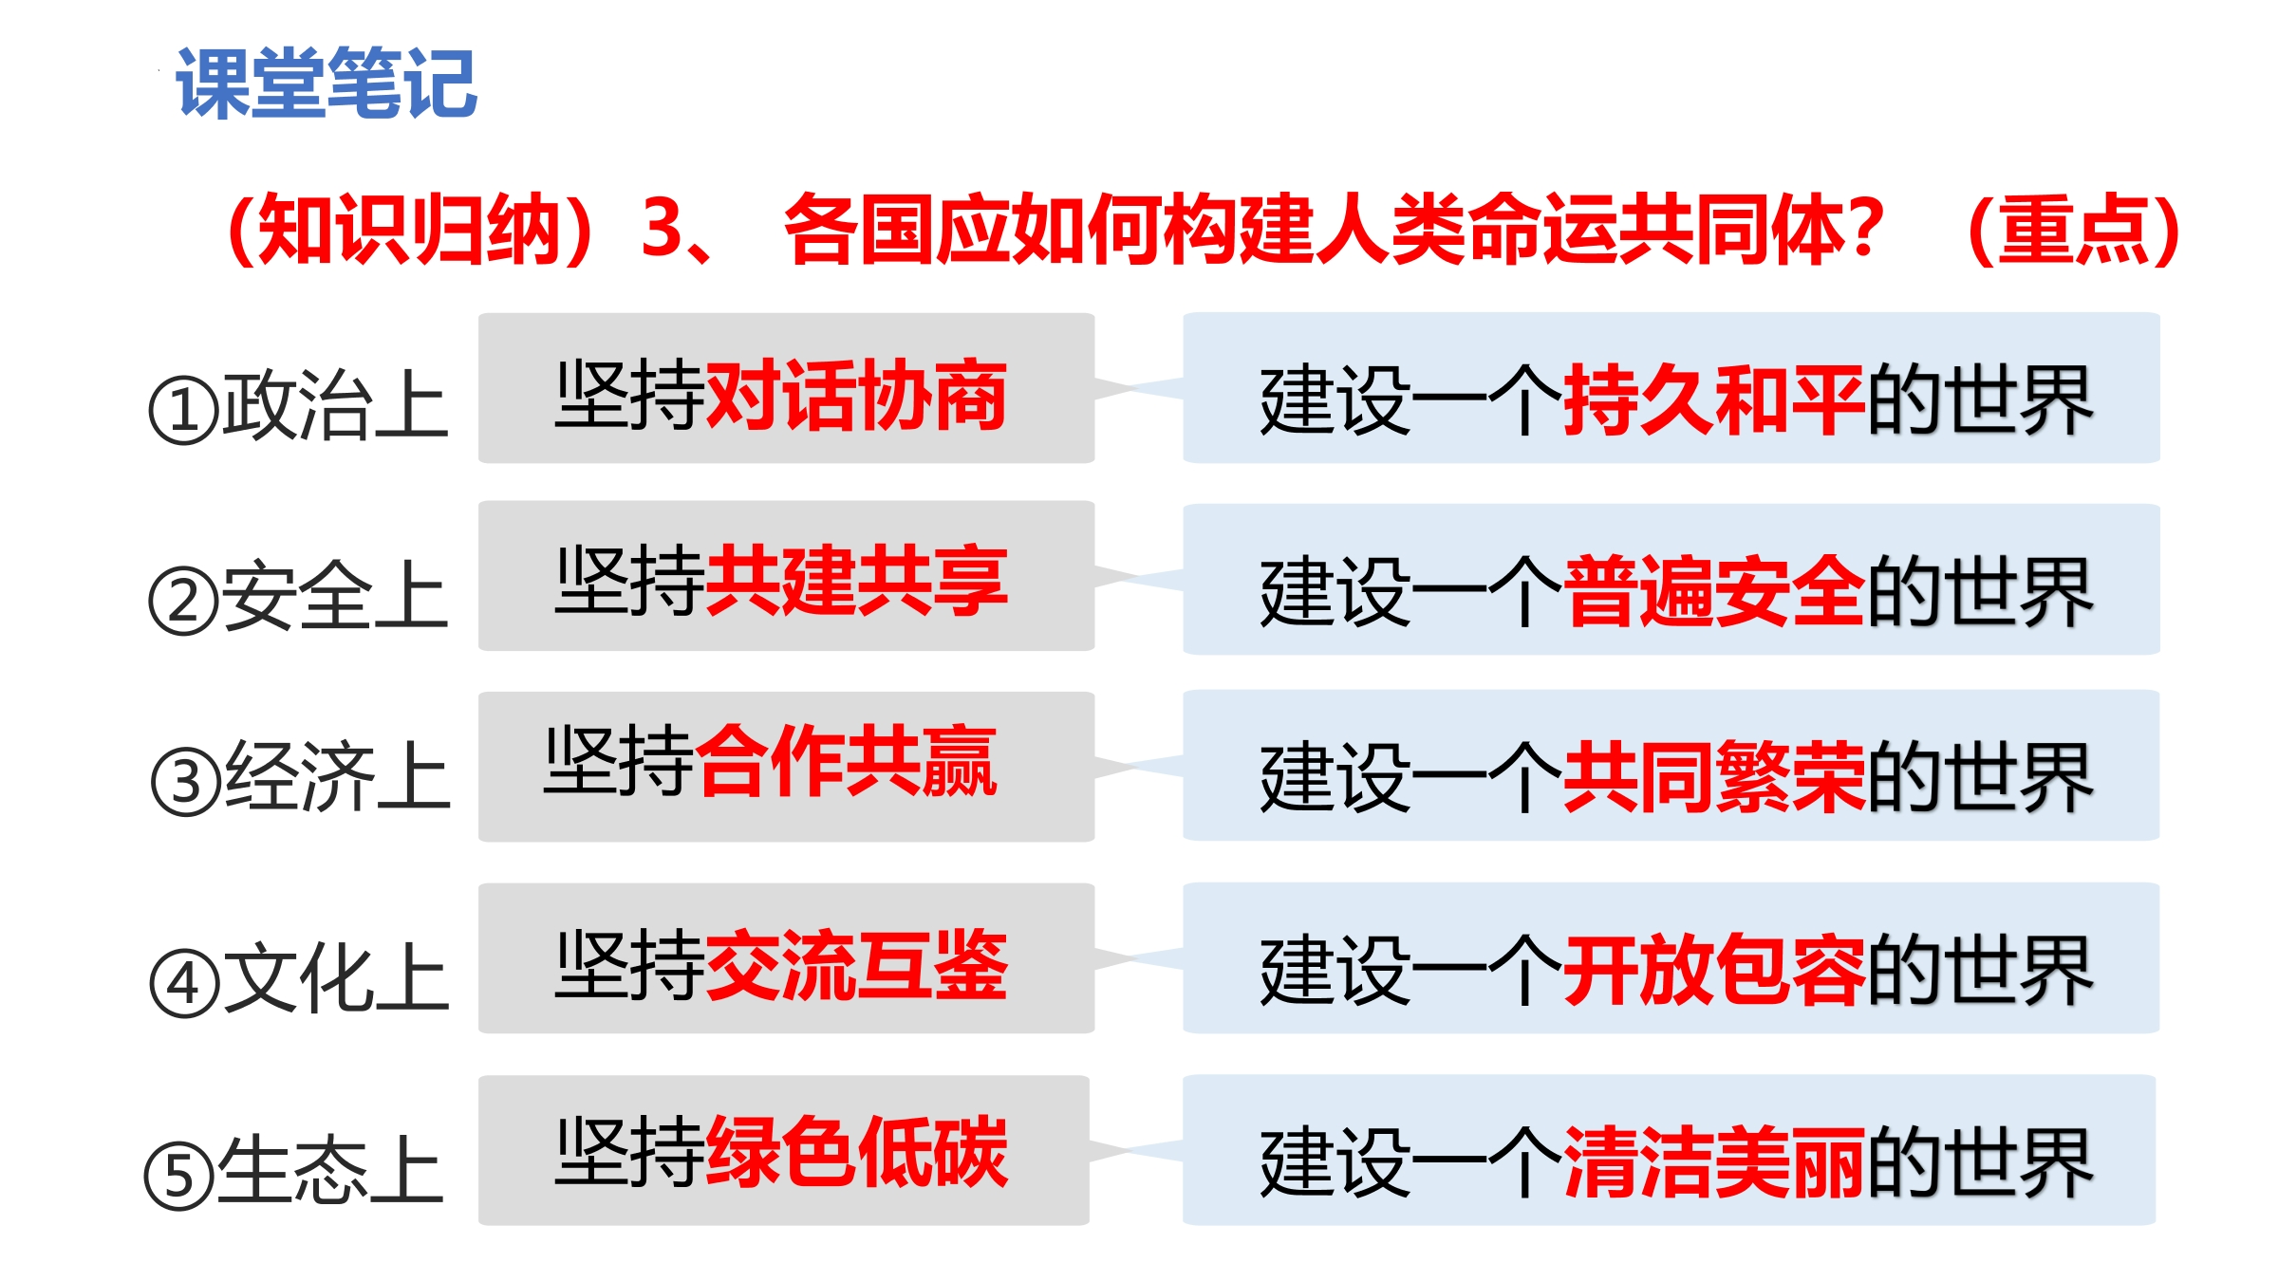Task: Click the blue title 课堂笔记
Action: pyautogui.click(x=327, y=84)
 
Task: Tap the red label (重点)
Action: pyautogui.click(x=2074, y=230)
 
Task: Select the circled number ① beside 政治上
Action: pyautogui.click(x=184, y=411)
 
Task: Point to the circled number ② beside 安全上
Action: pyautogui.click(x=184, y=600)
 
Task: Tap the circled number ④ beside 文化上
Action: pyautogui.click(x=185, y=983)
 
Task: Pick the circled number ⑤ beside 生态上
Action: pyautogui.click(x=179, y=1176)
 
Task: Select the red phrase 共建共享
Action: pyautogui.click(x=856, y=581)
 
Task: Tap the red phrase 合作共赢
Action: pyautogui.click(x=846, y=760)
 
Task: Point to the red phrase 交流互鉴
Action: pyautogui.click(x=856, y=965)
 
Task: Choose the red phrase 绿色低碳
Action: pyautogui.click(x=856, y=1152)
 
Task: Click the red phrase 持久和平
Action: pyautogui.click(x=1714, y=400)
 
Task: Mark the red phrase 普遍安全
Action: pyautogui.click(x=1714, y=592)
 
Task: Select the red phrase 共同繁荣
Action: pyautogui.click(x=1714, y=778)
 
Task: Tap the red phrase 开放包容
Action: pyautogui.click(x=1714, y=970)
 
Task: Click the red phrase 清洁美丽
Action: pyautogui.click(x=1714, y=1163)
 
